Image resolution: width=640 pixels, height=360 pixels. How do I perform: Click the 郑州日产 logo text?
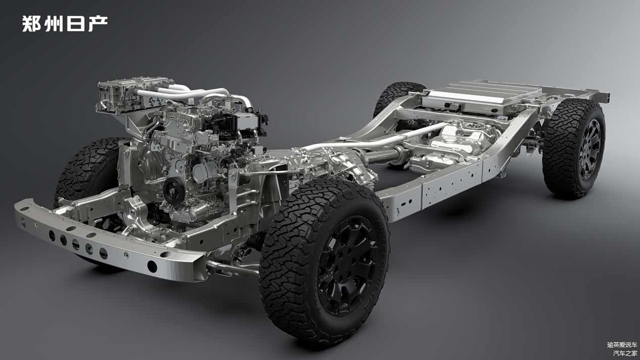(65, 23)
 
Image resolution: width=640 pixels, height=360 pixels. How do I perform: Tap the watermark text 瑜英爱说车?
(622, 345)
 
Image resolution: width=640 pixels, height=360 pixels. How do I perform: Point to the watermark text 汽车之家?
(625, 353)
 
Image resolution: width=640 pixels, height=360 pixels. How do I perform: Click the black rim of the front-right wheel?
(347, 266)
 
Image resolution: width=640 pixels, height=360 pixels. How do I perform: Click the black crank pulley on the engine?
(174, 190)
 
